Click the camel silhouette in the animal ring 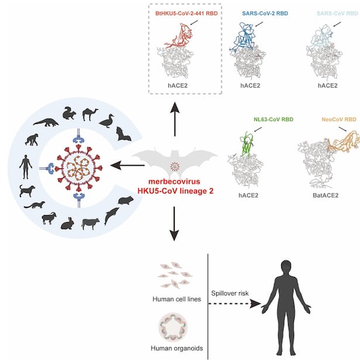[x=91, y=114]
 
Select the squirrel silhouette [x=70, y=113]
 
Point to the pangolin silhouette [x=46, y=122]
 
